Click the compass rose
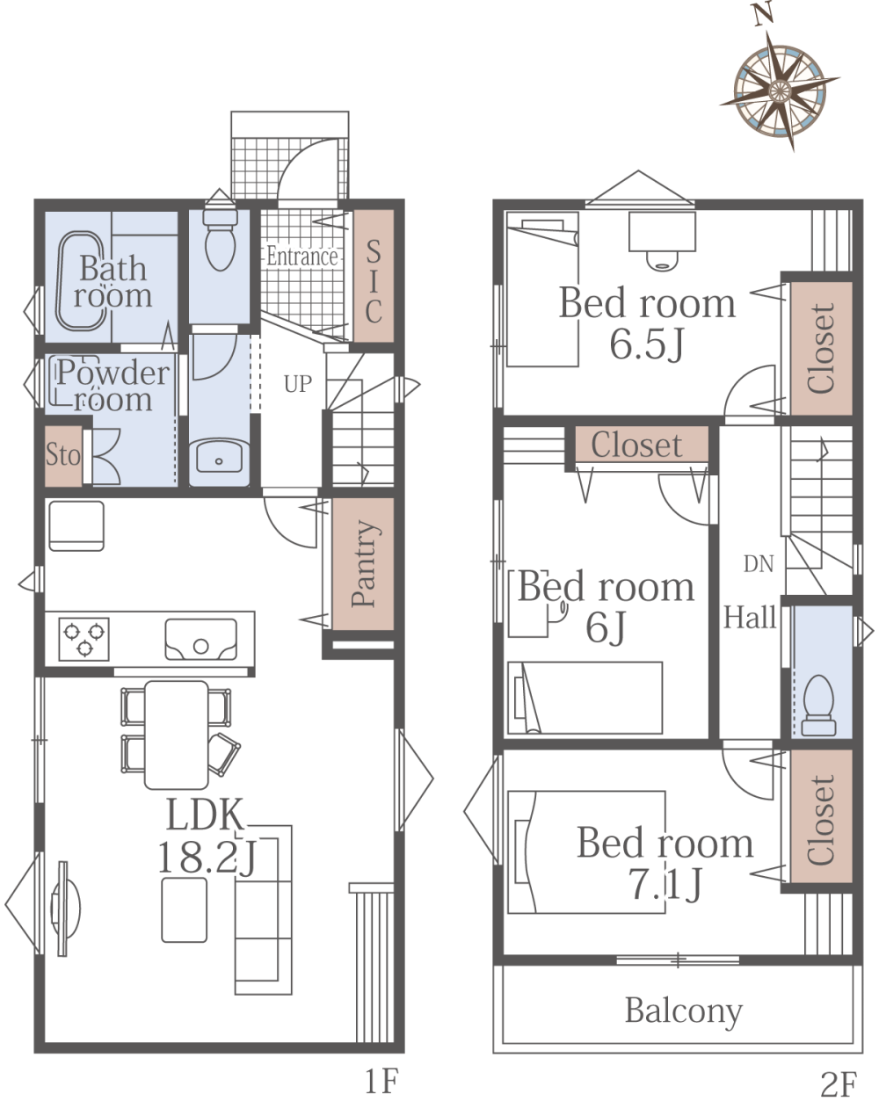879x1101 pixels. pos(779,91)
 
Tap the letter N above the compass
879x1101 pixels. pos(763,14)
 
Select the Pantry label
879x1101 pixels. pos(365,563)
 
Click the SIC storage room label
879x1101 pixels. pos(374,281)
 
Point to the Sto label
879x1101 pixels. pos(63,454)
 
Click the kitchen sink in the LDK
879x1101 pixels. pos(200,639)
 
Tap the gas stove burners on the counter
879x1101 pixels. pos(84,639)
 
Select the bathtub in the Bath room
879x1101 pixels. pos(82,281)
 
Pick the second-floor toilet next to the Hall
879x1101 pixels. pos(818,706)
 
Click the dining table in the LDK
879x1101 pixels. pos(176,735)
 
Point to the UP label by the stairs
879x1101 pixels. pos(297,384)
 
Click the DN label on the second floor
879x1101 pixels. pos(759,564)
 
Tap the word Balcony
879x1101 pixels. pos(684,1011)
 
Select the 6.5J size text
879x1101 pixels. pos(647,344)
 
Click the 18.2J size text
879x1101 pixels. pos(207,858)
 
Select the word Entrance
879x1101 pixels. pos(302,257)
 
